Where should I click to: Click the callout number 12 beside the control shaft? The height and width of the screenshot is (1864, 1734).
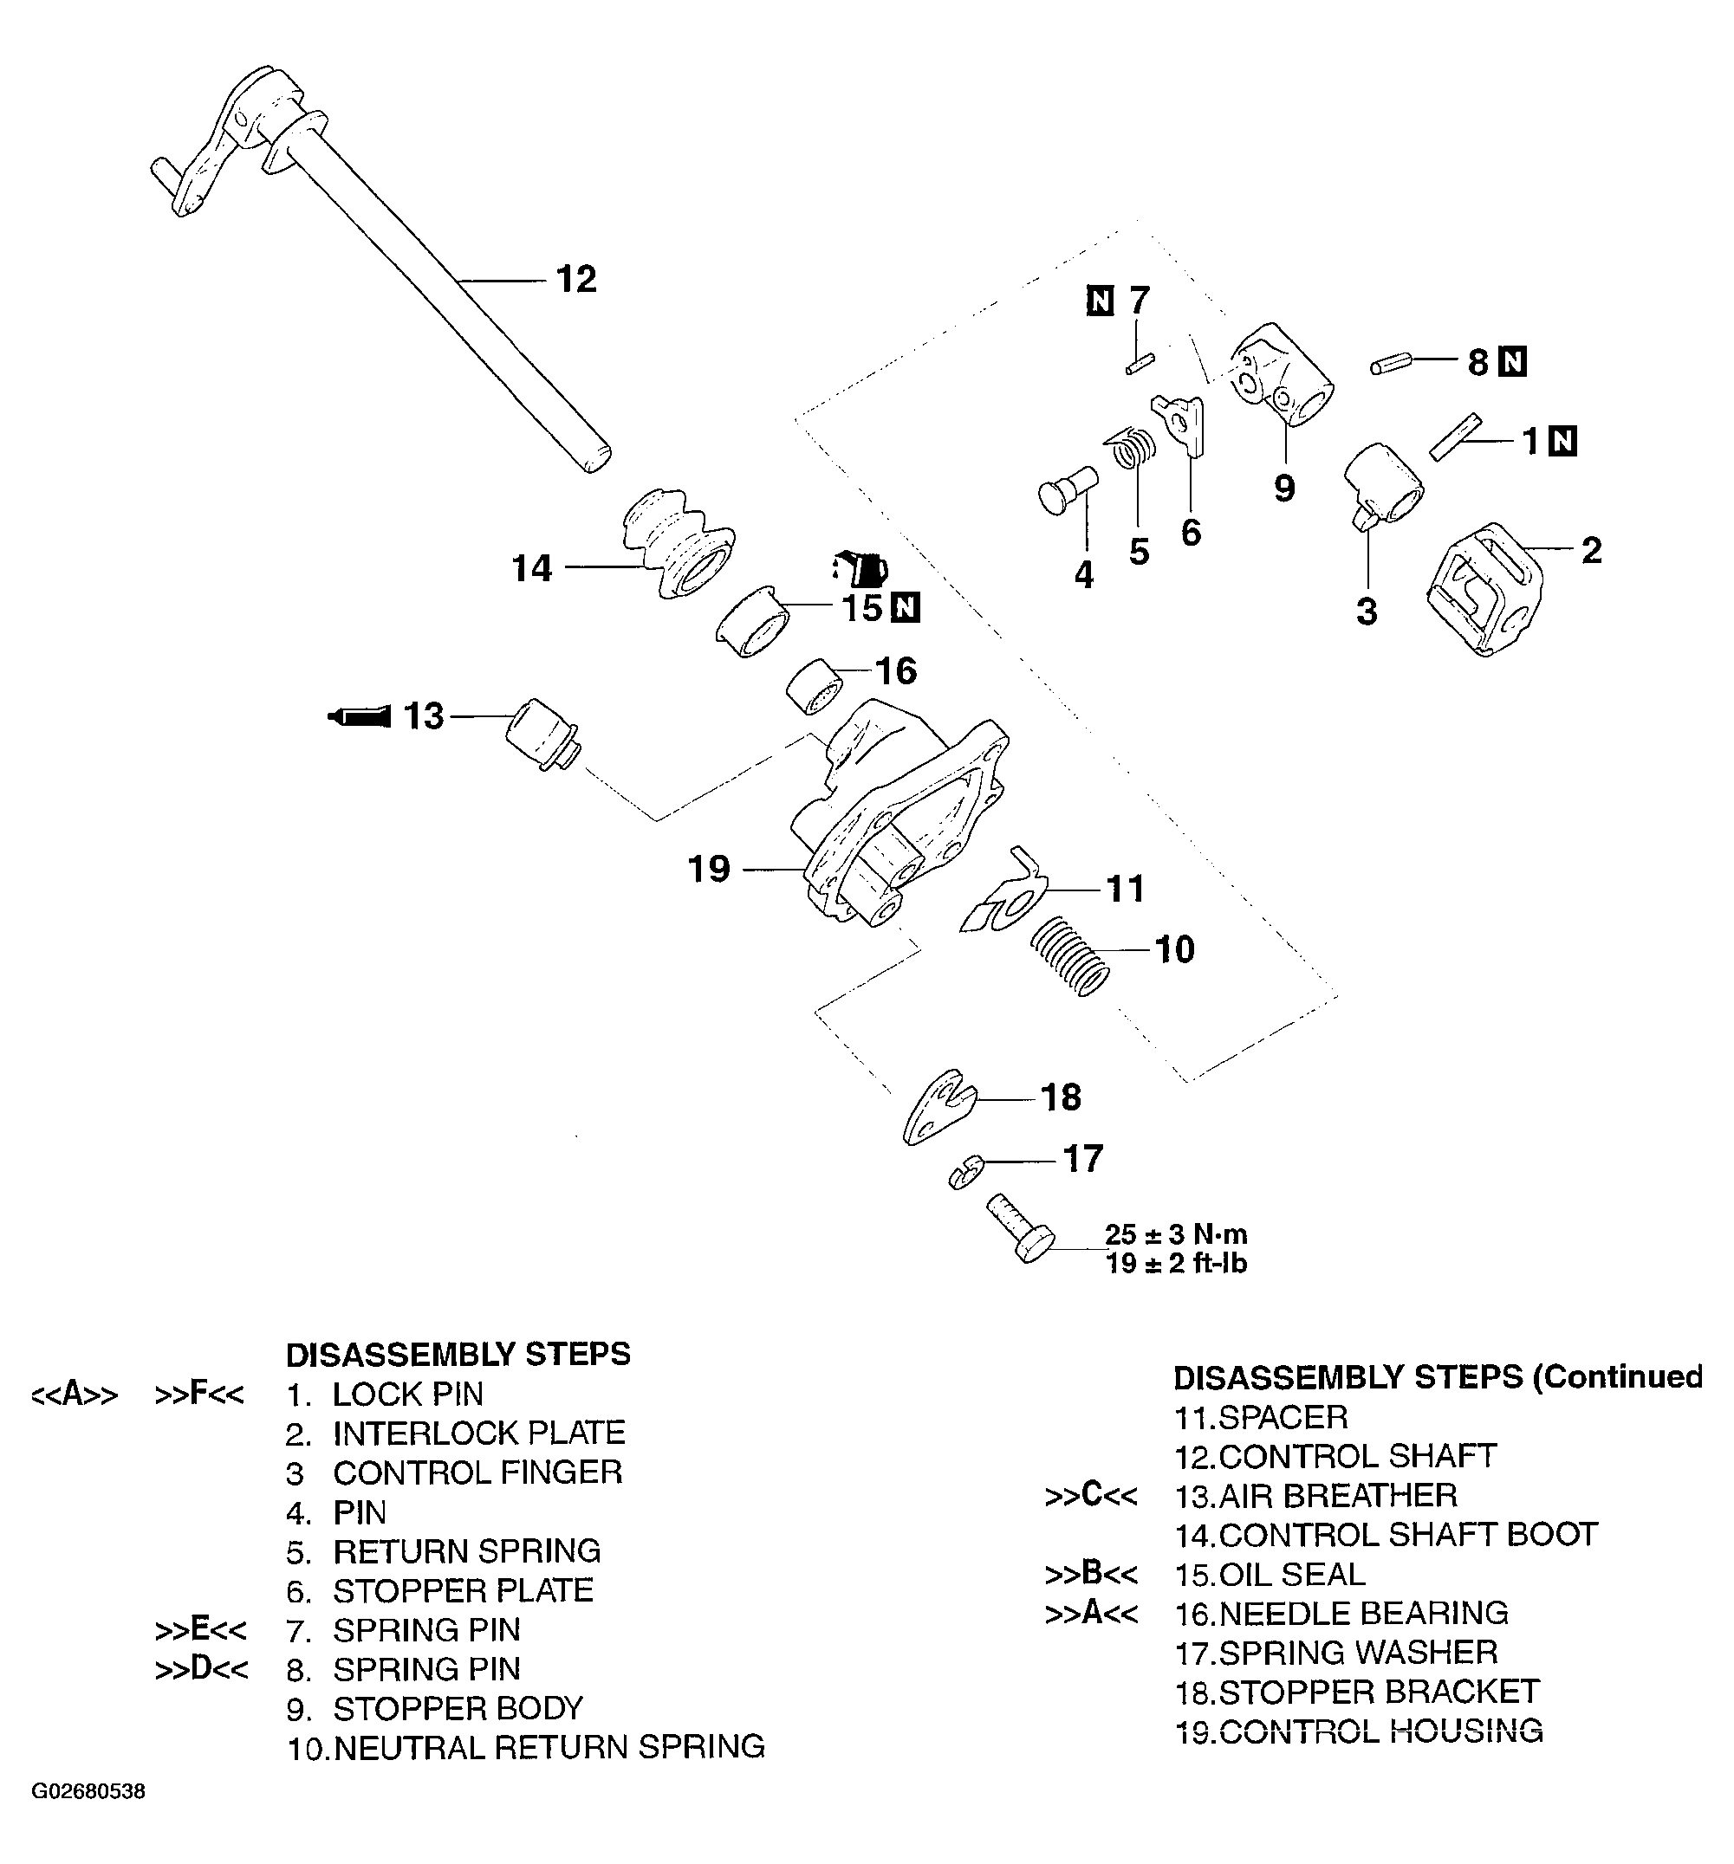click(x=575, y=280)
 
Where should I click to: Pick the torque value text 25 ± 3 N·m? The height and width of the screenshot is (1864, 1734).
click(x=1176, y=1234)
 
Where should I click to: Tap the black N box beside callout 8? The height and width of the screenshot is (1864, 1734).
click(x=1513, y=362)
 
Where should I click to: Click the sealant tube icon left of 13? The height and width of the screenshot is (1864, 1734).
click(x=359, y=716)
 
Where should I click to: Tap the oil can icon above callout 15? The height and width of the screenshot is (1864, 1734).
click(x=860, y=567)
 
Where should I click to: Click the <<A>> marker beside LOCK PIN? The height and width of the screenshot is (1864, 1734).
click(x=75, y=1395)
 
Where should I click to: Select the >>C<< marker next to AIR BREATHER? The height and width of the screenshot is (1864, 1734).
click(x=1091, y=1496)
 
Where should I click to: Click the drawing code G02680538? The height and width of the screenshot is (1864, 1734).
click(x=89, y=1792)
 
